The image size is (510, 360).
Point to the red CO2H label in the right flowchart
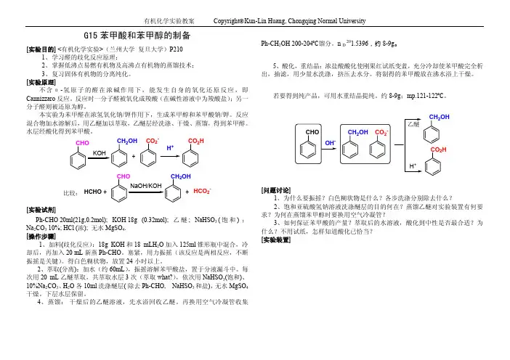point(438,150)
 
